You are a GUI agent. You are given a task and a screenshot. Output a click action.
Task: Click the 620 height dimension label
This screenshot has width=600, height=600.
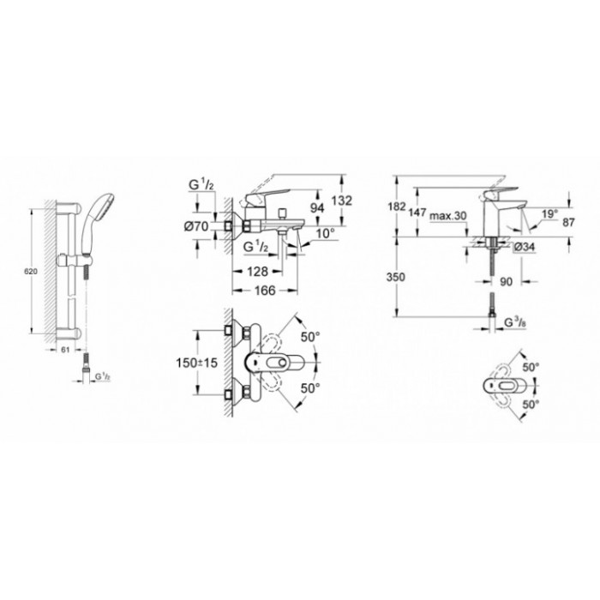31,272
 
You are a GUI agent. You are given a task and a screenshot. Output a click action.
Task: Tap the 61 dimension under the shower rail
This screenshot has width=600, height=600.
65,350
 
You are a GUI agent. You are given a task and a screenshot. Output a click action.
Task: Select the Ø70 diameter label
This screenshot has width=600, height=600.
196,226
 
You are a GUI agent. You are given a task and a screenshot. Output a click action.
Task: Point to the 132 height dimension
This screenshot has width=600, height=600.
341,200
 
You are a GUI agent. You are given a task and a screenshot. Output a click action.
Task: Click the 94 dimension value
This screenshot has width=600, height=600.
317,207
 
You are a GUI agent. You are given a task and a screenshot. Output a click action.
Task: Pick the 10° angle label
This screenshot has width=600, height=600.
326,233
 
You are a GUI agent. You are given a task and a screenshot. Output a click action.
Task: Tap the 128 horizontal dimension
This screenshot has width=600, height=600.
257,272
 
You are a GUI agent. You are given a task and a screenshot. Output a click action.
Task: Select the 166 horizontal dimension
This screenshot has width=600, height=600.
265,291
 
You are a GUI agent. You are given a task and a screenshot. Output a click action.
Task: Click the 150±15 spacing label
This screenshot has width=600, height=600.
196,363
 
